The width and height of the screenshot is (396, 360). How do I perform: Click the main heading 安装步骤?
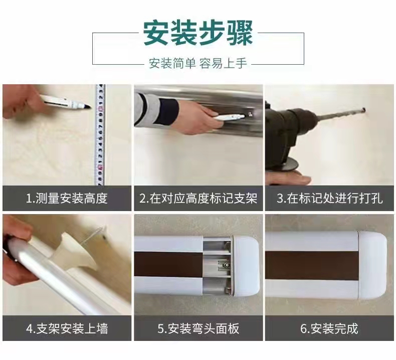tap(199, 34)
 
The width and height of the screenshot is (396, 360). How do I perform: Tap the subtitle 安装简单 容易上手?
tap(198, 63)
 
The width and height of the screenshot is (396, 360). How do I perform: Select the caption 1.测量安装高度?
tap(67, 199)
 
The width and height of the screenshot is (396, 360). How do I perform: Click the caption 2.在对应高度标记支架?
tap(199, 199)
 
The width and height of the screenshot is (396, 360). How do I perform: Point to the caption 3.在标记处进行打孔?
tap(329, 199)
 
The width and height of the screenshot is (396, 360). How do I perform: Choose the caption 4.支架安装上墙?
tap(67, 329)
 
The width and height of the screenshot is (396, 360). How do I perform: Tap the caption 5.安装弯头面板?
tap(199, 329)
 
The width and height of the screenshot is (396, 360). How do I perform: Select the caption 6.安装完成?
tap(329, 329)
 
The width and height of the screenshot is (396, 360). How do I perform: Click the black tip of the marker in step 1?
tap(88, 107)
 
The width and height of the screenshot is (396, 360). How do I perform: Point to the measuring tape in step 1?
tap(100, 135)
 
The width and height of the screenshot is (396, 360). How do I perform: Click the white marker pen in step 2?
tap(229, 117)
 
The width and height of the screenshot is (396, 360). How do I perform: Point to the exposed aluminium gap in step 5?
tap(217, 266)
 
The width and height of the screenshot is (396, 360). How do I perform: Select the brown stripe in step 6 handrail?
tap(312, 266)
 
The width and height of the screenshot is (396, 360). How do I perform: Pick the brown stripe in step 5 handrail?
tap(168, 264)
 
